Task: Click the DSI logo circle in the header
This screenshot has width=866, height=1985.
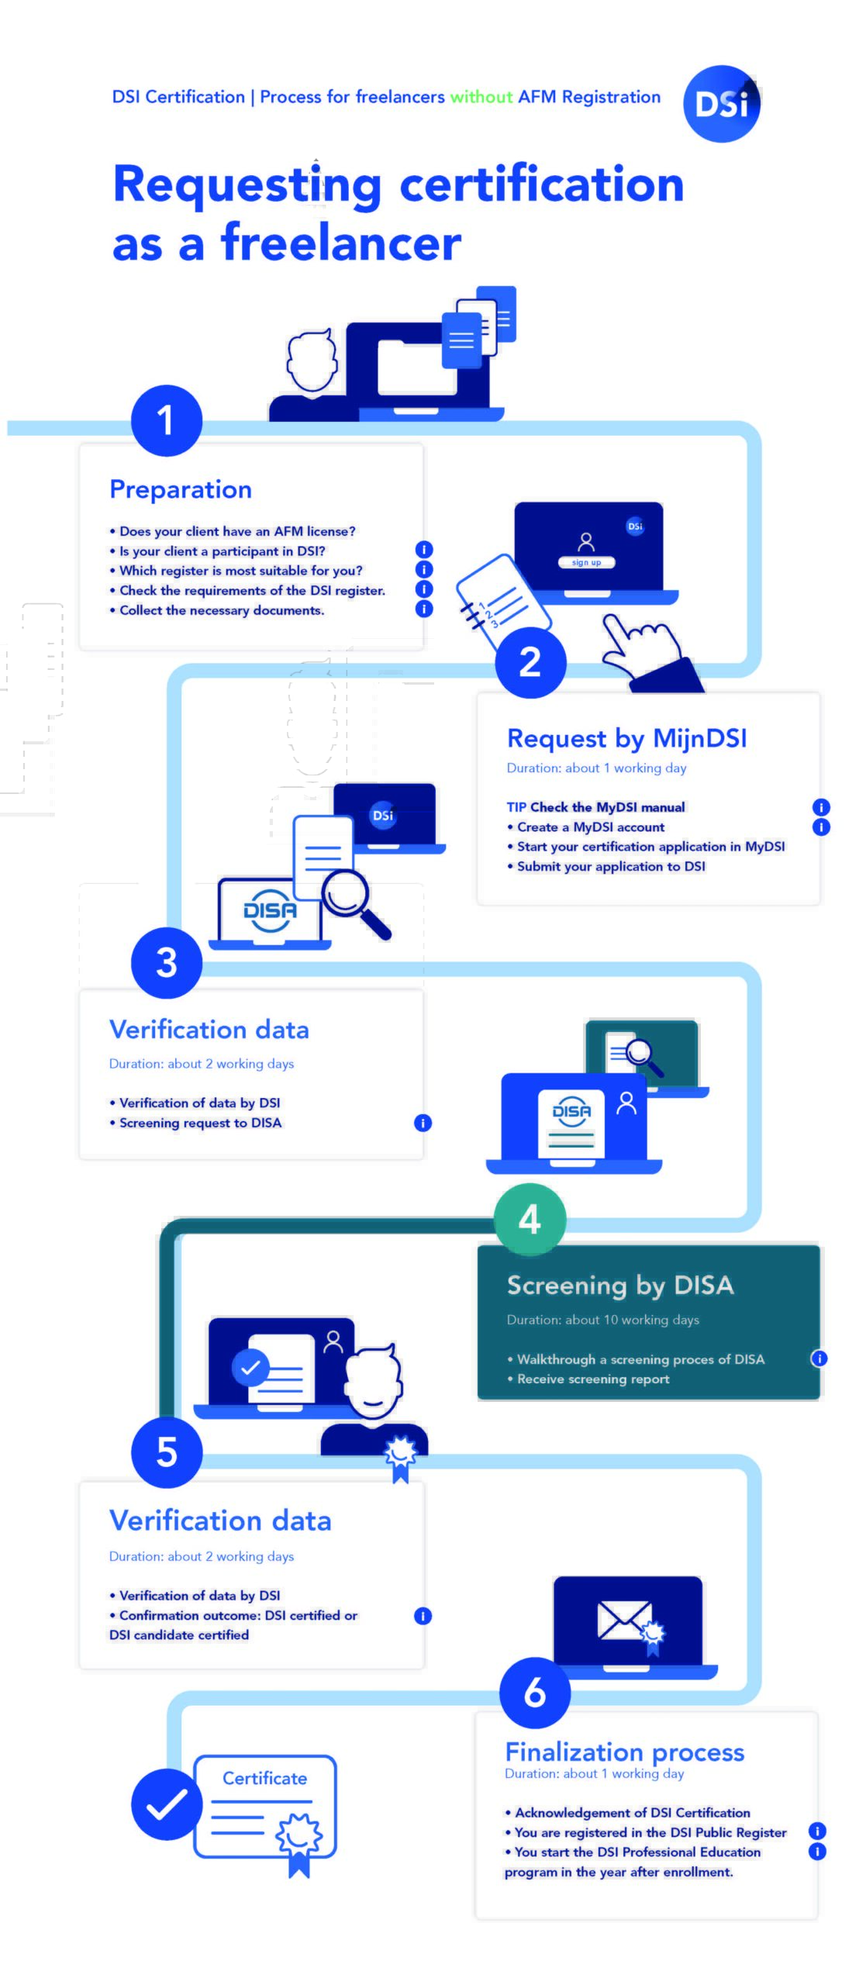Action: tap(721, 103)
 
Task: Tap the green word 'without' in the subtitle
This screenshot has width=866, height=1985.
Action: tap(481, 97)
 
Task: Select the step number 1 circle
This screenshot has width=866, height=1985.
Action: tap(166, 420)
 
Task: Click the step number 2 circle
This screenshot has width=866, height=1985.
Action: tap(530, 661)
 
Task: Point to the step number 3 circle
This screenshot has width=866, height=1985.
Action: tap(166, 962)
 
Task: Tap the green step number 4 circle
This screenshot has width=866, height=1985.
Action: tap(530, 1219)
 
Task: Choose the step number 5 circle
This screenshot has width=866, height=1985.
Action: tap(166, 1452)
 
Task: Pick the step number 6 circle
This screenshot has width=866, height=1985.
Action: tap(535, 1693)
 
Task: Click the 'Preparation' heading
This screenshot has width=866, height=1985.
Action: tap(181, 489)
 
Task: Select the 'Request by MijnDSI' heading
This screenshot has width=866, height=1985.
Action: tap(626, 738)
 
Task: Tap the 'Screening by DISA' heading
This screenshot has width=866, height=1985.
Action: tap(620, 1286)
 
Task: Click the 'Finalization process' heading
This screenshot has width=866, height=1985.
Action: tap(625, 1752)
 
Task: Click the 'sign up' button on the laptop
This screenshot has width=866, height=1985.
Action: tap(587, 562)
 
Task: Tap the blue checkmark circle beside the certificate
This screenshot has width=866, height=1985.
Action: tap(167, 1804)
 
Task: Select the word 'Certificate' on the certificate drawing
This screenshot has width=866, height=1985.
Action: tap(264, 1778)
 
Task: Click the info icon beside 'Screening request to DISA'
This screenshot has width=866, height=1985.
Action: tap(423, 1123)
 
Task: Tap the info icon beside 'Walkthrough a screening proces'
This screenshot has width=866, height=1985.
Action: tap(819, 1358)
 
